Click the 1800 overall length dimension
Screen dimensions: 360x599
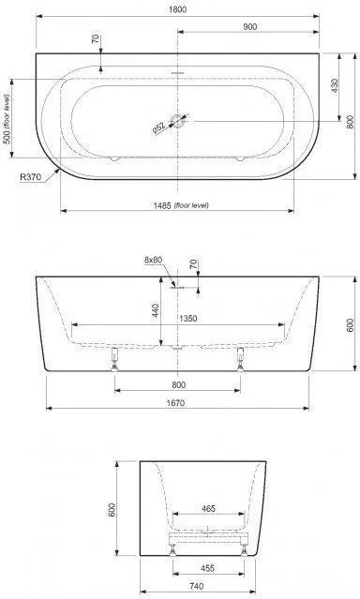(178, 9)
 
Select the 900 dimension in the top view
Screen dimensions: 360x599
(249, 27)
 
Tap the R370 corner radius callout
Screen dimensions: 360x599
(30, 177)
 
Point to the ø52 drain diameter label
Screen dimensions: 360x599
(158, 127)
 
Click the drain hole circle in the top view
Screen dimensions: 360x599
(178, 121)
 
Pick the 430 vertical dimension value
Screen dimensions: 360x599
(335, 87)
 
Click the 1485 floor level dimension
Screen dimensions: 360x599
(181, 205)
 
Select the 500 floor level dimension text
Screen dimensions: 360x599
(7, 119)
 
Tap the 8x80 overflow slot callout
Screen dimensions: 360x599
(153, 260)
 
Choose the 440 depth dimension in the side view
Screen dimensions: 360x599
(157, 311)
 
